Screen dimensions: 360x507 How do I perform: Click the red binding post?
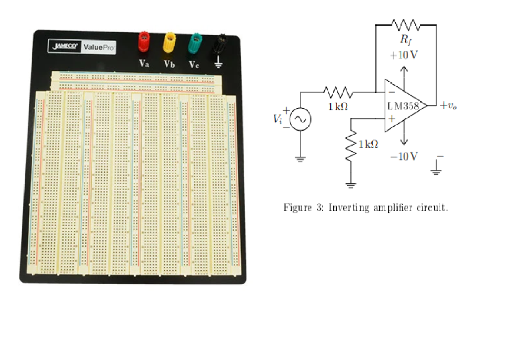coord(144,42)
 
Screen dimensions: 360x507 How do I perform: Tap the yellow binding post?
coord(169,43)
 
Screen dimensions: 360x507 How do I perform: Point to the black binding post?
coord(219,44)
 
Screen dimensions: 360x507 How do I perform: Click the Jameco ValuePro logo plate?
coord(82,47)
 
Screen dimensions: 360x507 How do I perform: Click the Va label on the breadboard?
coord(144,63)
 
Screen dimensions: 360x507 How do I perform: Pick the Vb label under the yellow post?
coord(169,64)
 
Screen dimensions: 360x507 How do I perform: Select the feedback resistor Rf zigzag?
coord(406,24)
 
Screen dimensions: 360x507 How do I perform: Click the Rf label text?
coord(406,39)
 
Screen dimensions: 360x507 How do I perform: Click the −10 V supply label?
coord(404,156)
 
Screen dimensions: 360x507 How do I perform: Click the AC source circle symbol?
coord(300,119)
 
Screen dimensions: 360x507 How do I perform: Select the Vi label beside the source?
coord(278,119)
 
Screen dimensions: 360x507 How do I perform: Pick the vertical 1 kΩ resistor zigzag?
coord(351,145)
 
